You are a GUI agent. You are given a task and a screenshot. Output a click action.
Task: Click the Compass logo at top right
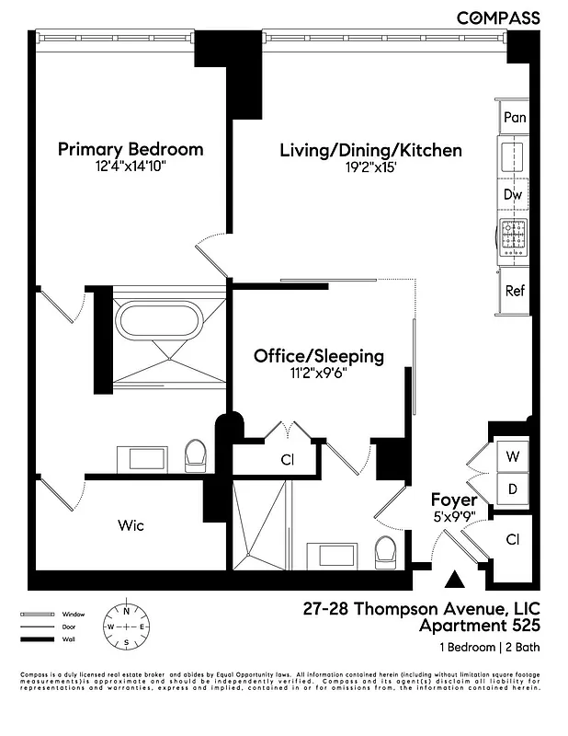pos(499,17)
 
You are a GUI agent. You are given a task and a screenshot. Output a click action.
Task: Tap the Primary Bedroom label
pos(131,149)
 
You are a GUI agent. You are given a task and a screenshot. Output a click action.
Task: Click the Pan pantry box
pos(515,117)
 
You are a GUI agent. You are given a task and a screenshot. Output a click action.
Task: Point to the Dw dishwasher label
pos(513,195)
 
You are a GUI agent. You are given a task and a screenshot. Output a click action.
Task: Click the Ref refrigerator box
pos(515,291)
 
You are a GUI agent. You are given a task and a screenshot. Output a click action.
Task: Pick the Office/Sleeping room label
pos(319,356)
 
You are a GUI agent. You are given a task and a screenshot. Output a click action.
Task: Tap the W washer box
pos(513,455)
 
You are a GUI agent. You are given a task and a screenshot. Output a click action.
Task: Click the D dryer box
pos(513,488)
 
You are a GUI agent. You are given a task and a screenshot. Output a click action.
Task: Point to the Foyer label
pos(454,500)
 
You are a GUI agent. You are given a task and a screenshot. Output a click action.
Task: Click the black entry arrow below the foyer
pos(454,579)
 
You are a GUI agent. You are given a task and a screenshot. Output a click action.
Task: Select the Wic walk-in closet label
pos(131,526)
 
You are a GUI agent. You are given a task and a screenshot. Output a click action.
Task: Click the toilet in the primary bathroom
pos(195,454)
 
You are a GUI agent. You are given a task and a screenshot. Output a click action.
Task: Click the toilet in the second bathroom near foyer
pos(385,552)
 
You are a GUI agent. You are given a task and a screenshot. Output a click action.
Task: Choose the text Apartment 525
pos(477,627)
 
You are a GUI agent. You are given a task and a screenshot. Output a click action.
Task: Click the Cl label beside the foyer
pos(513,540)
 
